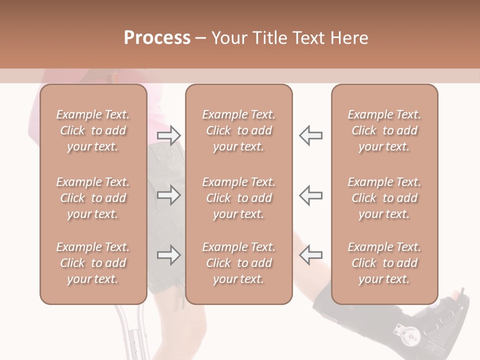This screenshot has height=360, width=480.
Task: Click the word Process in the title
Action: pos(157,37)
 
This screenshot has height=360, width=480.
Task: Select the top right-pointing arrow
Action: pos(168,135)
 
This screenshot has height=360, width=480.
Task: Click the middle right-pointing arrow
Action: pos(168,195)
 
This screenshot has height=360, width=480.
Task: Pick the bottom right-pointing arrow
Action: pos(168,255)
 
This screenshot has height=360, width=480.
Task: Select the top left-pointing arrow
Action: pos(310,135)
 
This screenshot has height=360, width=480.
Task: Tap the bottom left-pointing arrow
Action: pos(310,255)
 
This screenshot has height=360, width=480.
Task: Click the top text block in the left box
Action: pos(93,130)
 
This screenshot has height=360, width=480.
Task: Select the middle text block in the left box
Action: pos(93,198)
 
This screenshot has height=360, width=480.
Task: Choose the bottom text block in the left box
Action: pos(93,263)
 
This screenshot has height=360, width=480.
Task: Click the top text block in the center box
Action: pos(238,130)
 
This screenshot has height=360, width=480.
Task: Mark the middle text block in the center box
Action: pos(238,198)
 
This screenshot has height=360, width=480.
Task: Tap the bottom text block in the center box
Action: pos(238,263)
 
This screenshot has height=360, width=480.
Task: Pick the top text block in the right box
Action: pos(384,130)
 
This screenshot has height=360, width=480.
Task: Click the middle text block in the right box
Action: pos(384,198)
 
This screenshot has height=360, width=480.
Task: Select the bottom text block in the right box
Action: pos(384,263)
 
